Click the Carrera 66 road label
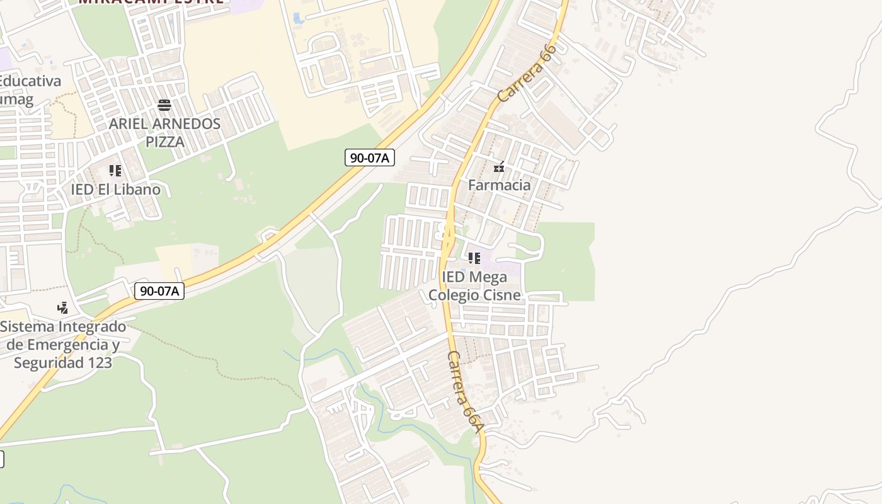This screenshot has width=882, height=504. click(x=527, y=73)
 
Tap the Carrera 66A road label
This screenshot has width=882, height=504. click(x=465, y=391)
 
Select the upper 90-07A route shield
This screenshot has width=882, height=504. click(x=370, y=157)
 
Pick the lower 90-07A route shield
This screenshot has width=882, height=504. click(x=159, y=291)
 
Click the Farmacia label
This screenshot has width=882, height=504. click(x=499, y=185)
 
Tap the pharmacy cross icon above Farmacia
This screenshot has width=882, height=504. click(x=499, y=168)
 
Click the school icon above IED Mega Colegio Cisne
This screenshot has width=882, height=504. click(x=474, y=258)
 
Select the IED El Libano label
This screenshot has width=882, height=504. click(x=115, y=190)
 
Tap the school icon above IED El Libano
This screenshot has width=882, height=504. click(x=115, y=171)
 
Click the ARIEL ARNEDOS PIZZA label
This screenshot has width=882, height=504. click(x=164, y=132)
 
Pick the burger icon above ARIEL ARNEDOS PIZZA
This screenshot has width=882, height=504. click(x=164, y=105)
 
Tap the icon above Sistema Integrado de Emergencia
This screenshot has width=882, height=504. click(x=62, y=308)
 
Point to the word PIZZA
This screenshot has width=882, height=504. click(x=165, y=142)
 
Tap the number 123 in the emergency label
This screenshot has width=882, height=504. click(x=100, y=363)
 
